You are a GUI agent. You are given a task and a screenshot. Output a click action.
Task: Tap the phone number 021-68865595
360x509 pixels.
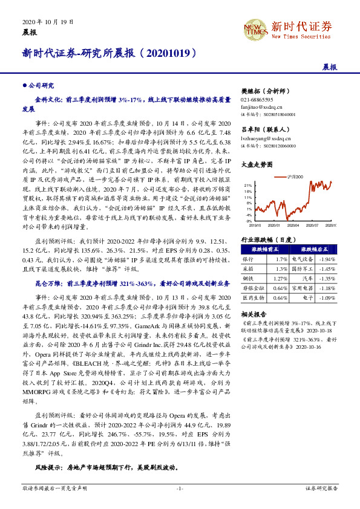(257, 99)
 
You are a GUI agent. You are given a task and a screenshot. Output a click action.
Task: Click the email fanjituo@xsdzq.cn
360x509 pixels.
(261, 106)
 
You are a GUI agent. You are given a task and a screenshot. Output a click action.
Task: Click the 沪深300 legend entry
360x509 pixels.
(295, 177)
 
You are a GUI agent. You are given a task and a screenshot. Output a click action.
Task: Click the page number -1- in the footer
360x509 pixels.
(180, 487)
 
